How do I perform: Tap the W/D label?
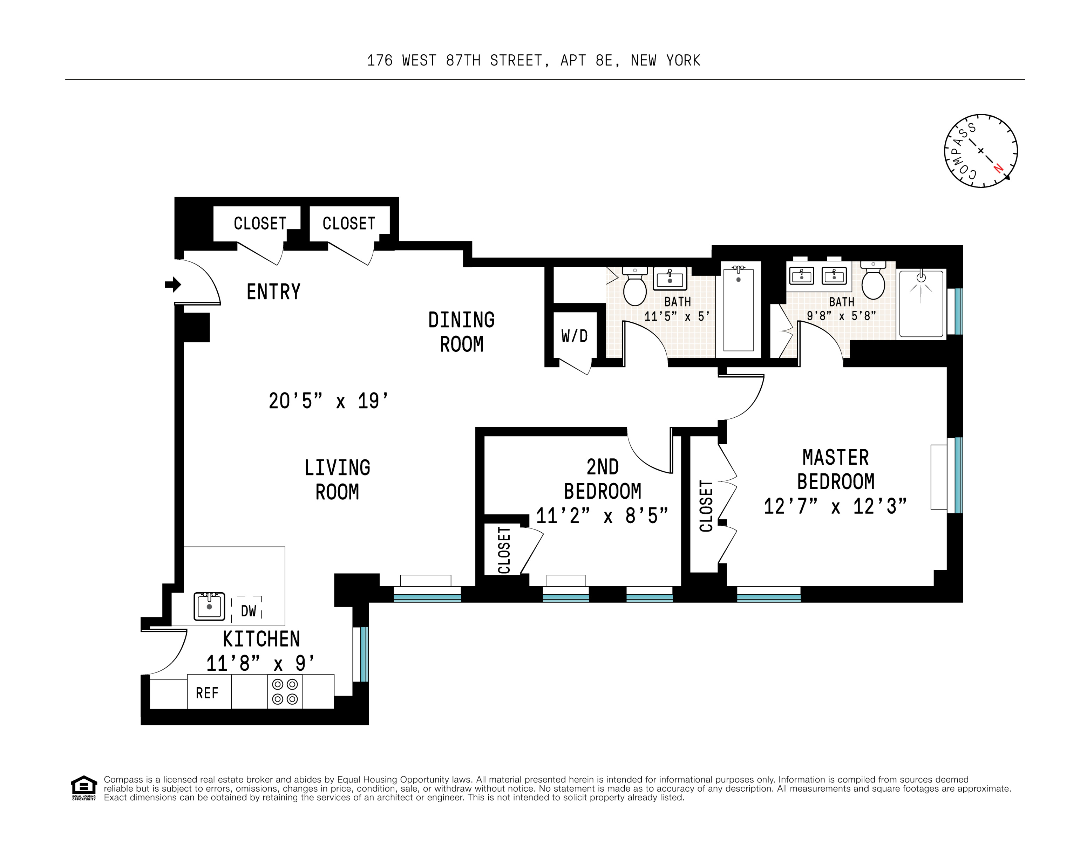coord(575,336)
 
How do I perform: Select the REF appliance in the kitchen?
coord(208,693)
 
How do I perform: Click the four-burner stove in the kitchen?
coord(285,692)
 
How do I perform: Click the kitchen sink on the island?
coord(209,606)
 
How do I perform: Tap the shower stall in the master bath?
coord(921,303)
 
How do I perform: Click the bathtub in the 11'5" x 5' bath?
coord(738,308)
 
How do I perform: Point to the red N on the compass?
coord(998,168)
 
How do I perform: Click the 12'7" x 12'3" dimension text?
coord(835,507)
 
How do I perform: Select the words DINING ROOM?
coord(461,332)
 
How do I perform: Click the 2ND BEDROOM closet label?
coord(504,550)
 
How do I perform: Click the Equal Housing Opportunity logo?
coord(84,788)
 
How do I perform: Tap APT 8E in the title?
coord(590,61)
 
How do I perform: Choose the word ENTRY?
coord(273,292)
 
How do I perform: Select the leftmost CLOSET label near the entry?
coord(260,224)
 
